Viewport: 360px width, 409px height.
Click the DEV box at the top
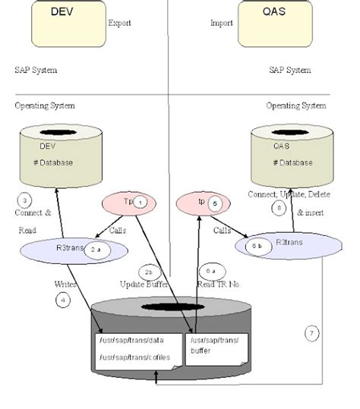pyautogui.click(x=68, y=22)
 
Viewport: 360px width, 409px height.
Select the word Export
pyautogui.click(x=119, y=24)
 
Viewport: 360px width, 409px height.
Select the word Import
pyautogui.click(x=221, y=24)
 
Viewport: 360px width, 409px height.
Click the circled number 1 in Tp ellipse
pyautogui.click(x=140, y=201)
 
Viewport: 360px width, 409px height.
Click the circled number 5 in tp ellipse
pyautogui.click(x=216, y=203)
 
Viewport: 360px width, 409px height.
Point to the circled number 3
pyautogui.click(x=25, y=200)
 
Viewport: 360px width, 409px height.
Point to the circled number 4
pyautogui.click(x=62, y=299)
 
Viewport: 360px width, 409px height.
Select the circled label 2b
pyautogui.click(x=148, y=271)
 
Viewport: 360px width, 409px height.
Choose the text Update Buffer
pyautogui.click(x=144, y=284)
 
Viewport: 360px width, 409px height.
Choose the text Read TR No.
pyautogui.click(x=219, y=284)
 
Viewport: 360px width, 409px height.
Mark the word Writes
pyautogui.click(x=66, y=284)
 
